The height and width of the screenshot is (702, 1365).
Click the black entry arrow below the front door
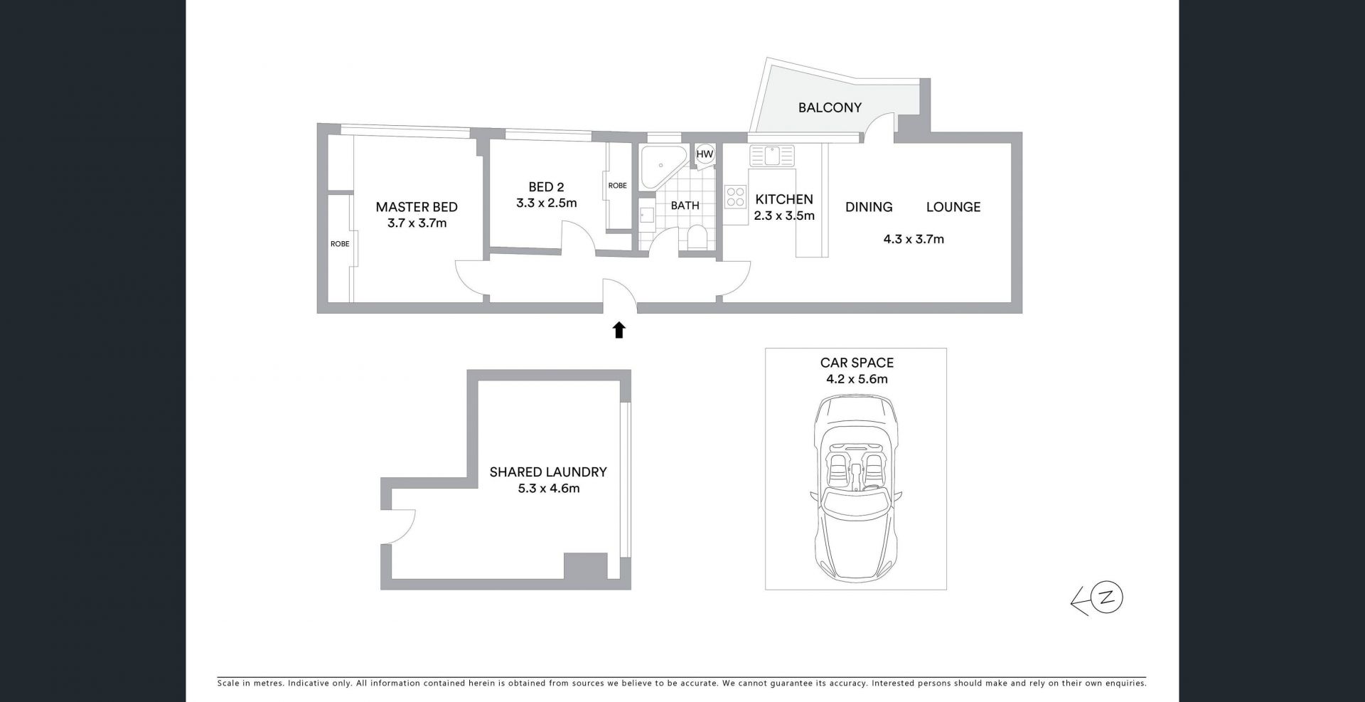(619, 330)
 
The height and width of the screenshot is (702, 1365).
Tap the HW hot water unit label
(705, 154)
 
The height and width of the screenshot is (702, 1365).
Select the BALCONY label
(830, 107)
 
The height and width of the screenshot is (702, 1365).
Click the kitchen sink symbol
(771, 156)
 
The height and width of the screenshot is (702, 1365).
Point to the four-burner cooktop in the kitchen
(735, 196)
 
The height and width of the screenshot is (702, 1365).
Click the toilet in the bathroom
(697, 238)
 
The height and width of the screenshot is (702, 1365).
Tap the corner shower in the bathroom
(663, 163)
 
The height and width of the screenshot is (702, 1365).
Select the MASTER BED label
(417, 207)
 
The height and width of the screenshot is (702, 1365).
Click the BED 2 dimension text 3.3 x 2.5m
(546, 203)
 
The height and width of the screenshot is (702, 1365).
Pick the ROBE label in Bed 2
(617, 186)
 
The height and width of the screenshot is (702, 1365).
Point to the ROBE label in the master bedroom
(340, 244)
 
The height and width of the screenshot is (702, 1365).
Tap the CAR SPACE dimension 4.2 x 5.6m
(857, 379)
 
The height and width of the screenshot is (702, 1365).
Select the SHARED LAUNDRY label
(548, 472)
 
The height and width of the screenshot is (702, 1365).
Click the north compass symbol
(1098, 600)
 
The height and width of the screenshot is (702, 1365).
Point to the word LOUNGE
(953, 207)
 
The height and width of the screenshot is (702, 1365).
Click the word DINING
(869, 207)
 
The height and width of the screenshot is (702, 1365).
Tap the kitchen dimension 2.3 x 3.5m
(784, 216)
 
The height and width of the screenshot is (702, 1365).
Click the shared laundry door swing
(403, 527)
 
